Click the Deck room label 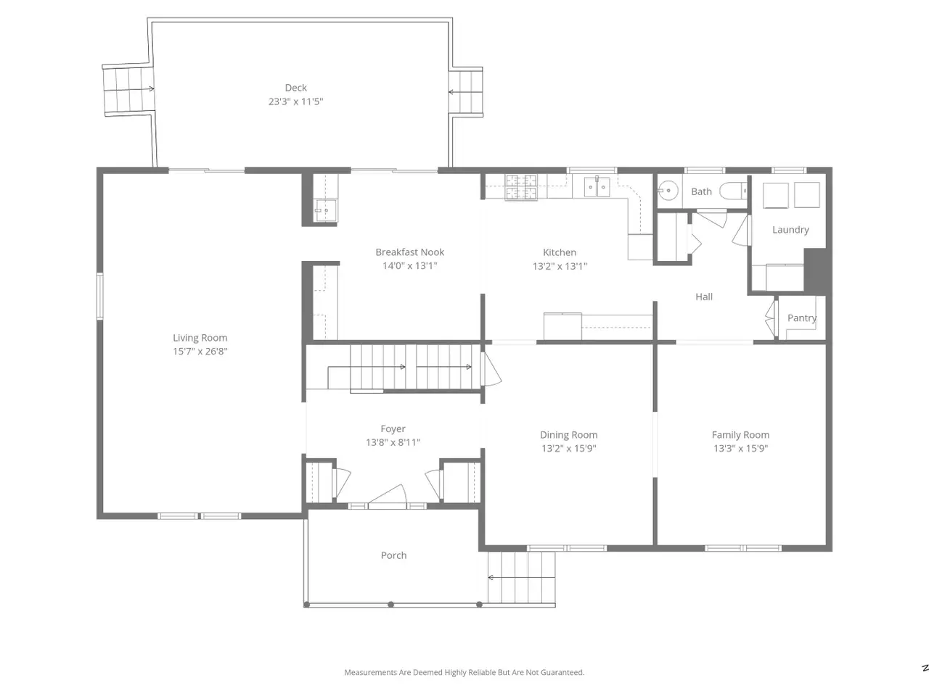[295, 88]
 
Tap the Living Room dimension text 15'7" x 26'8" [200, 351]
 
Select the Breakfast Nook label [409, 252]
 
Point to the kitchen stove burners [521, 187]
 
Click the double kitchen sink [597, 187]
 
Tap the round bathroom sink [668, 191]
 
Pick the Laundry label [790, 230]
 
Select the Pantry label [801, 318]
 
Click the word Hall [704, 297]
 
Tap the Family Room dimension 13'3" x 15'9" [740, 448]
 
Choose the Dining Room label [568, 435]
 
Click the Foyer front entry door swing [388, 494]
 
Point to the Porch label [393, 555]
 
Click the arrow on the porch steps [521, 577]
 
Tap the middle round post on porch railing [390, 605]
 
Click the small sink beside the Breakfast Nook [325, 210]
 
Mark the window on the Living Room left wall [100, 296]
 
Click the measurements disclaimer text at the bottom [464, 672]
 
